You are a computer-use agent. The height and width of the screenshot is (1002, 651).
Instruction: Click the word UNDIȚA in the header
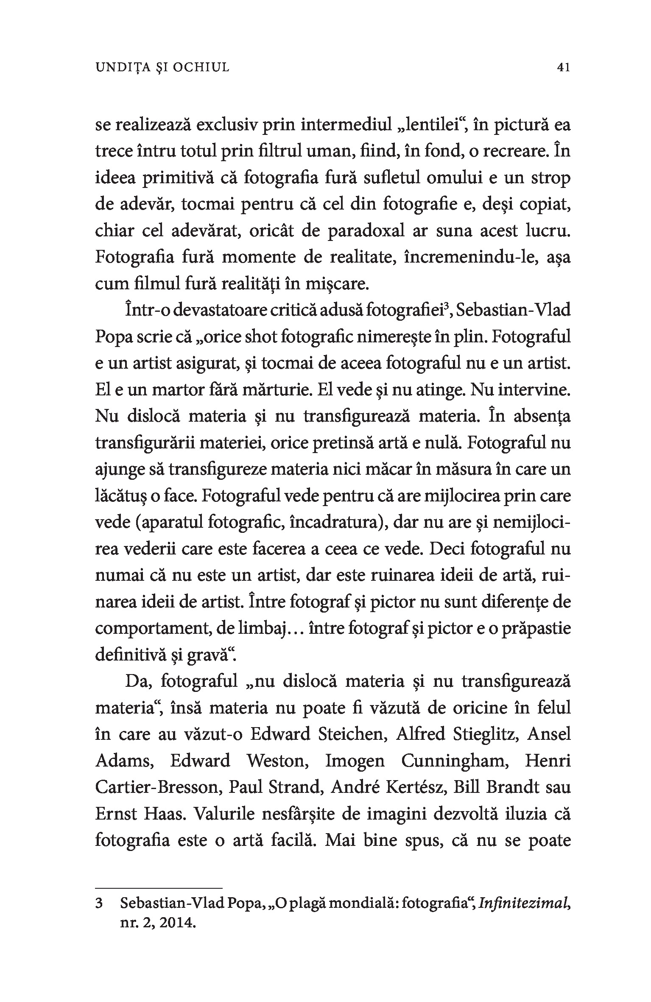click(121, 67)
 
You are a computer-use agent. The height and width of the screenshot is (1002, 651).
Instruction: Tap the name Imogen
click(355, 761)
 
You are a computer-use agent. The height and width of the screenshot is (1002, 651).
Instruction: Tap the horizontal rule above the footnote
click(159, 887)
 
